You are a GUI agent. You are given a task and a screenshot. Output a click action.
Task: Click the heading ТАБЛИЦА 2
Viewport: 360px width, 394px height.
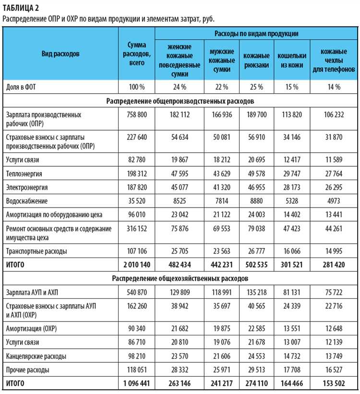tap(21, 7)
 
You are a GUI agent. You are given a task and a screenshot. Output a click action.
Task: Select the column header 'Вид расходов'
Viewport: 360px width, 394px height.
tap(60, 53)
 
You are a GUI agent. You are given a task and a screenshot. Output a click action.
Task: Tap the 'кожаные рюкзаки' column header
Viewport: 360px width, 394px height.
tap(256, 61)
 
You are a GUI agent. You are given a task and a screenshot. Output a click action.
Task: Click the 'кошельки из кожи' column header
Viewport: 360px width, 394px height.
tap(292, 61)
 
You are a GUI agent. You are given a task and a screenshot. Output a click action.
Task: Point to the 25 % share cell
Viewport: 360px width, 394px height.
tap(256, 87)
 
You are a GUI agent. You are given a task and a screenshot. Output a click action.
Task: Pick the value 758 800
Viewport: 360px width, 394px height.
tap(137, 115)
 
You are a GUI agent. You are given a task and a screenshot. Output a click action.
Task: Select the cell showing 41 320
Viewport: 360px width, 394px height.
tap(222, 187)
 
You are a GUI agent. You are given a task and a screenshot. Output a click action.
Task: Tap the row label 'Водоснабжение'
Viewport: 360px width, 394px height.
tap(27, 200)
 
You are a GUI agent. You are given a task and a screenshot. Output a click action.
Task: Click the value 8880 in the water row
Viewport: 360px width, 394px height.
tap(256, 200)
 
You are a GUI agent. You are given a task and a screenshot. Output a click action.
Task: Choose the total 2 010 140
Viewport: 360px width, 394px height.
tap(137, 264)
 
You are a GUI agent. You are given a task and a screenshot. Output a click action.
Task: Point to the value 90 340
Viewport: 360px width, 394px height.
tap(137, 328)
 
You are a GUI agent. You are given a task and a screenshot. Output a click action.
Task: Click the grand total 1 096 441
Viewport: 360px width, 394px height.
tap(137, 383)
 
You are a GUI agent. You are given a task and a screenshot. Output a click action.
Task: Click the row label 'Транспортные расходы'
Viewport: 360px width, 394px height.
tap(36, 251)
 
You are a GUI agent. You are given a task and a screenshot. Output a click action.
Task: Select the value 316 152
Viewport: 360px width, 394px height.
tap(137, 229)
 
